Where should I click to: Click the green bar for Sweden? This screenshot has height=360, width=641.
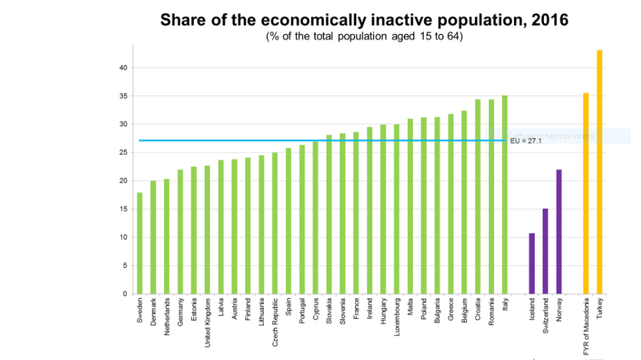click(140, 243)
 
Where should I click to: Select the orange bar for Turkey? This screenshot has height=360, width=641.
click(600, 172)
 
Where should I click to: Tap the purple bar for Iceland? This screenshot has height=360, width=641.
click(532, 263)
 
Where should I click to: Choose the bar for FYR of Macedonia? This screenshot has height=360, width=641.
click(586, 193)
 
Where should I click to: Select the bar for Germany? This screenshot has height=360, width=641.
click(180, 232)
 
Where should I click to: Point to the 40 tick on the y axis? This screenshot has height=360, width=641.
click(123, 68)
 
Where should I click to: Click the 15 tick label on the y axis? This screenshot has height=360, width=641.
click(123, 209)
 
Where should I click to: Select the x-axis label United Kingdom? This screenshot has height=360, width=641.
click(207, 322)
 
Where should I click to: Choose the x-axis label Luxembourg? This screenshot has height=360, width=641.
click(396, 319)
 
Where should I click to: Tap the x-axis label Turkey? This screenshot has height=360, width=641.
click(600, 307)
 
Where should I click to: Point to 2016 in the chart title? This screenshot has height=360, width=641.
click(549, 19)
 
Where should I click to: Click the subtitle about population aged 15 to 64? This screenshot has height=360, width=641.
click(364, 36)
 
